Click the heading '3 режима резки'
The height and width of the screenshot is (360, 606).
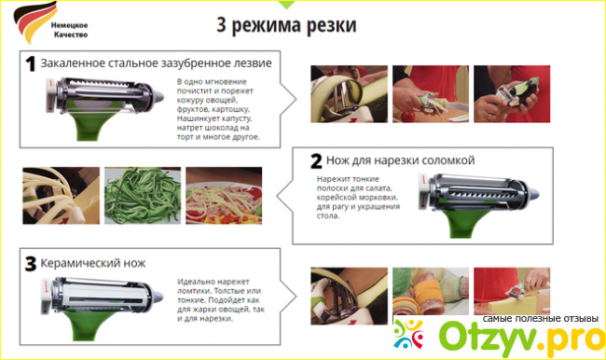286,25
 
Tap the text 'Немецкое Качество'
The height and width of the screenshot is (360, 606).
70,30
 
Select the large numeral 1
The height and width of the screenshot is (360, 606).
30,63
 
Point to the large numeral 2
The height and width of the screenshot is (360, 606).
316,160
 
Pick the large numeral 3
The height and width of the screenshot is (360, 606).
31,264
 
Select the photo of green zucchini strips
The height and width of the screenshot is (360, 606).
143,196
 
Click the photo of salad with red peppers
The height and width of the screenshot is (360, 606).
224,196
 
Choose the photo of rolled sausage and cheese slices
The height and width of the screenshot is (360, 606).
431,291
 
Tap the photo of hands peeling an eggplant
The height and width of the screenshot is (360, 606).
512,94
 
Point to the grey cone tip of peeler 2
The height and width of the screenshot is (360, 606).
533,193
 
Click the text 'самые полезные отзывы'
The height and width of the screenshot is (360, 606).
541,319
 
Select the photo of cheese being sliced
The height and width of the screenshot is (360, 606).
512,291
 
